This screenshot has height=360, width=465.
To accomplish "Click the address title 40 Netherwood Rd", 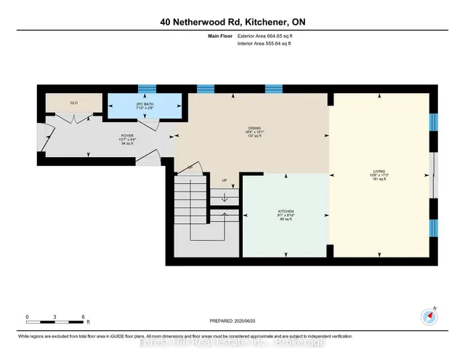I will coord(232,22).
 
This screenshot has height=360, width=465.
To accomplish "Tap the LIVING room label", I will coord(380,172).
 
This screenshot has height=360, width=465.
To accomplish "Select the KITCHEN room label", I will coord(285,211).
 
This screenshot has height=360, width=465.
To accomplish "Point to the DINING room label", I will coord(254,128).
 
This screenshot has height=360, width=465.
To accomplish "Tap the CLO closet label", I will coord(73,103).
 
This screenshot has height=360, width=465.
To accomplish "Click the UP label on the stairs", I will coord(225,181).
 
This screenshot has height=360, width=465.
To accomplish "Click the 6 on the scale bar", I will coord(84,317).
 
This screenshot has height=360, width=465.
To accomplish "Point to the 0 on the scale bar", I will coord(27,317).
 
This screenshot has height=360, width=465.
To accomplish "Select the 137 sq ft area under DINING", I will coord(254,137).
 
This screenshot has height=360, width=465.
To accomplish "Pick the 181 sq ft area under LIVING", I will coord(380,180).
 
